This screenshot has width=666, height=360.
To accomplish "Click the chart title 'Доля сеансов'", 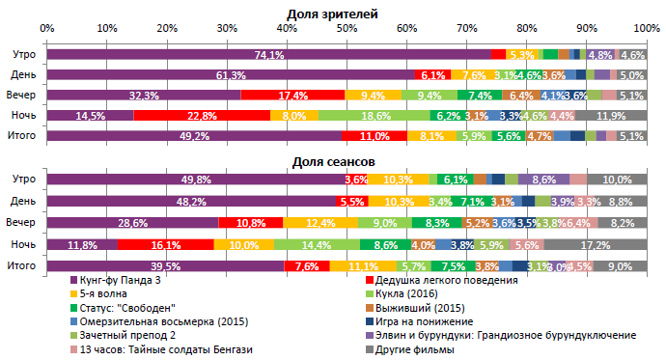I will (x=332, y=162).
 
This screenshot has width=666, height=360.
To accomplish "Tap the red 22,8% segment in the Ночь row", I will (x=201, y=116).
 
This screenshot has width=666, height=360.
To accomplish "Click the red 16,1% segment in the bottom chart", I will (x=165, y=245).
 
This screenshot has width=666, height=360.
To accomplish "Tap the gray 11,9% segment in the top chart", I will (x=610, y=116).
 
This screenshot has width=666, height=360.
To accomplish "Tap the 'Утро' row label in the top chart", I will (x=23, y=55).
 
